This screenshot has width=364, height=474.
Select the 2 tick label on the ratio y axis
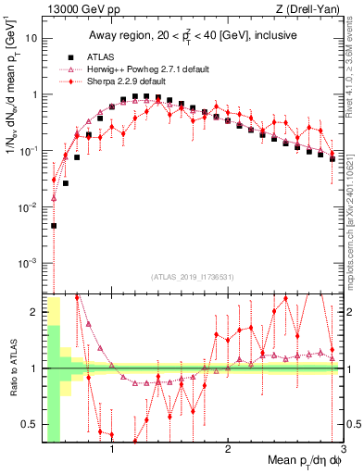(x=32, y=312)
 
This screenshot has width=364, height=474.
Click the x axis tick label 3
(x=344, y=451)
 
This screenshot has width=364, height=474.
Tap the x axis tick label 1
(x=112, y=451)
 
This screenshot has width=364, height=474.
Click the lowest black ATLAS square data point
(x=54, y=225)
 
